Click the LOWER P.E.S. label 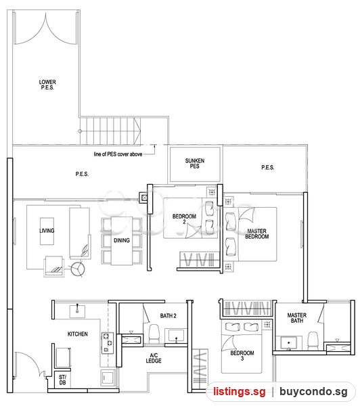(x=47, y=85)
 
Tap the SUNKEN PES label (x=195, y=163)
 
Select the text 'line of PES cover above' (x=118, y=154)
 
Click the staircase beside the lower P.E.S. (x=110, y=131)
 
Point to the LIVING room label (x=47, y=231)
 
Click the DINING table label (x=122, y=240)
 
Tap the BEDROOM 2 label (x=185, y=219)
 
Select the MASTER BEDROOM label (x=257, y=233)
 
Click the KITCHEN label (x=78, y=334)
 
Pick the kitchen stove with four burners (x=108, y=343)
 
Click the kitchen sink (x=77, y=311)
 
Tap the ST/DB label (x=63, y=380)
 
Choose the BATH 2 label (x=168, y=315)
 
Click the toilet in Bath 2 (x=154, y=334)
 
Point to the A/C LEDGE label (x=154, y=358)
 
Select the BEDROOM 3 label (x=242, y=355)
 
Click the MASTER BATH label (x=297, y=318)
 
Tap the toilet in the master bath (x=313, y=340)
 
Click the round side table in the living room (x=78, y=269)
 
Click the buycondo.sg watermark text (x=313, y=392)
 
